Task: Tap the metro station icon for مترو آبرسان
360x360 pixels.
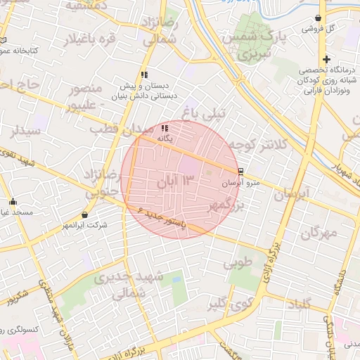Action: tap(241, 171)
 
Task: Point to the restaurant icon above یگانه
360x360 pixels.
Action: tap(165, 129)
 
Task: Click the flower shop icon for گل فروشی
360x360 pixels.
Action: tap(319, 18)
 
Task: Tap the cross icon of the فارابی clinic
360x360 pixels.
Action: tap(326, 59)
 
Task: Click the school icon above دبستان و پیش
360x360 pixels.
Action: tap(144, 74)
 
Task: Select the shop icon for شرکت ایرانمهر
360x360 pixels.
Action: tap(85, 214)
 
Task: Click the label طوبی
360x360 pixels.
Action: tap(237, 264)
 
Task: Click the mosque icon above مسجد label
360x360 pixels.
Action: tap(13, 202)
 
